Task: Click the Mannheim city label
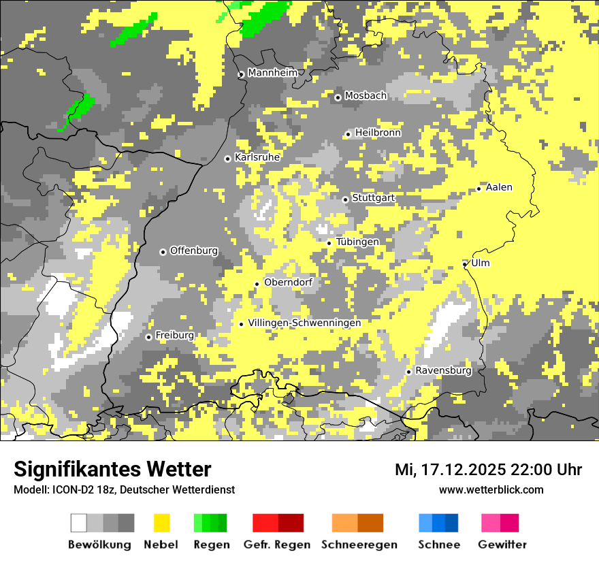click(273, 73)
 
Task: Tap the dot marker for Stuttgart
click(345, 199)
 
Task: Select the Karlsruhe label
click(257, 157)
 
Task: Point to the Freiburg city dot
click(148, 337)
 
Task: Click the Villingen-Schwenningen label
click(304, 323)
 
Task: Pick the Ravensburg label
click(443, 370)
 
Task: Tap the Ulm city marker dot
click(465, 264)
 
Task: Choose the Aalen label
click(499, 187)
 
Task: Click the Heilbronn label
click(378, 133)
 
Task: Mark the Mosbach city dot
click(338, 97)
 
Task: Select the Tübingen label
click(357, 242)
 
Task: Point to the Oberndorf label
click(288, 282)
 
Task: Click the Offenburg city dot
click(163, 252)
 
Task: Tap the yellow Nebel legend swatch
click(161, 523)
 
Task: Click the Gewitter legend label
click(502, 545)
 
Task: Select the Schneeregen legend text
click(359, 545)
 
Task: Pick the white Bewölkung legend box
click(79, 523)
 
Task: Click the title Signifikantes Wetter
click(112, 470)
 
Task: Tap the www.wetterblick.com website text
click(491, 489)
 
